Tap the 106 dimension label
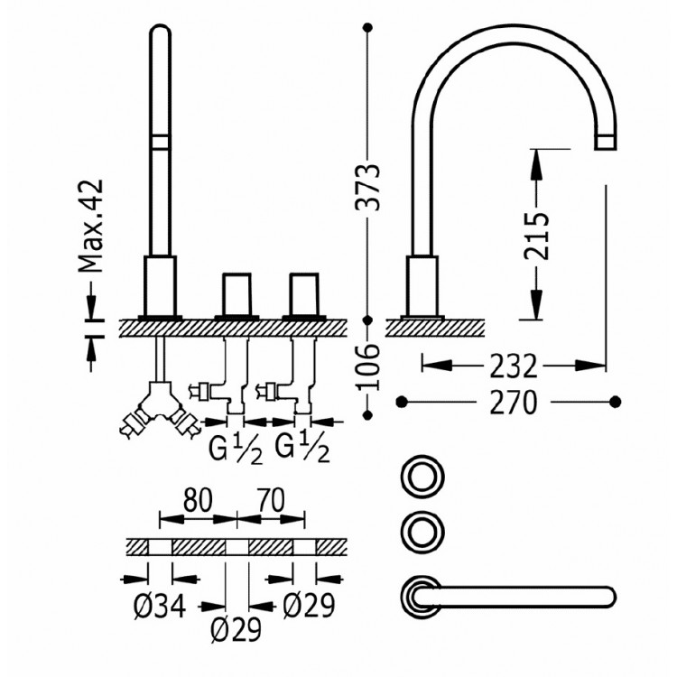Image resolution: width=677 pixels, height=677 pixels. pyautogui.click(x=368, y=366)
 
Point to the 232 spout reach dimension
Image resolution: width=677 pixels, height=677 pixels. pyautogui.click(x=515, y=366)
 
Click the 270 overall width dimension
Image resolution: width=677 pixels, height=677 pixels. pyautogui.click(x=510, y=401)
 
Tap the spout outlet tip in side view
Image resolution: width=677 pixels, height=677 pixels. pyautogui.click(x=605, y=142)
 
